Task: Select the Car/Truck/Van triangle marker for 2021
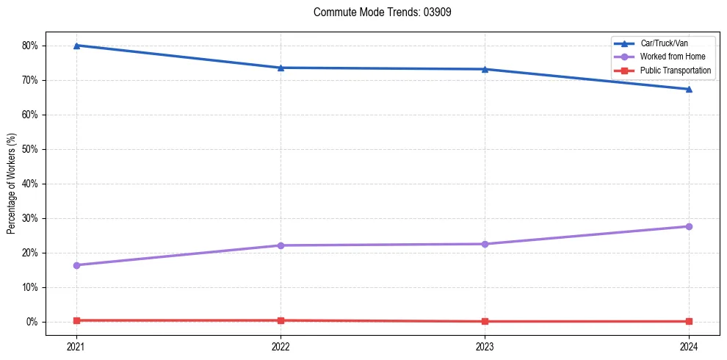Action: [x=76, y=46]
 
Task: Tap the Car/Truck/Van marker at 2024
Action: [x=689, y=89]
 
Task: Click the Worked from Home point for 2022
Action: [x=281, y=245]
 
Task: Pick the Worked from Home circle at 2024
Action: [x=689, y=226]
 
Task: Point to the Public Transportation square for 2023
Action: [x=485, y=321]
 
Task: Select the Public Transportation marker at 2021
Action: [x=76, y=320]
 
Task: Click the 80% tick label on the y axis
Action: [x=30, y=46]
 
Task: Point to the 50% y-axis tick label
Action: [x=30, y=149]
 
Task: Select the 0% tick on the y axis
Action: [x=32, y=322]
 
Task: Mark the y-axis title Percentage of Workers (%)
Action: [x=11, y=184]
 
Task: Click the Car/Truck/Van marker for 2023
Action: [x=485, y=69]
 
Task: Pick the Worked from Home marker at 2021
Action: [x=76, y=265]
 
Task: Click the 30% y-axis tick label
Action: [x=30, y=218]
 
